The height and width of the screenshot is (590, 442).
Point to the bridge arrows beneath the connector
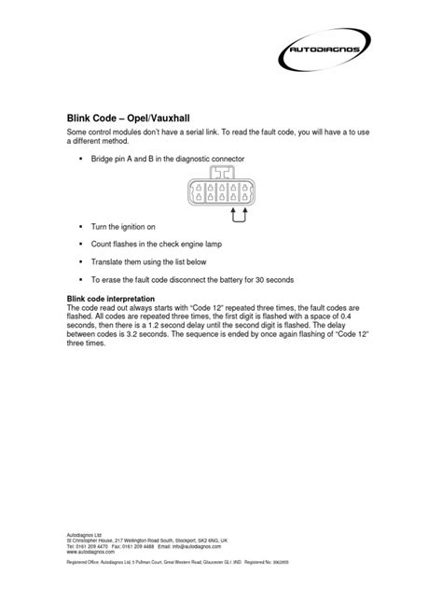coord(238,217)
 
